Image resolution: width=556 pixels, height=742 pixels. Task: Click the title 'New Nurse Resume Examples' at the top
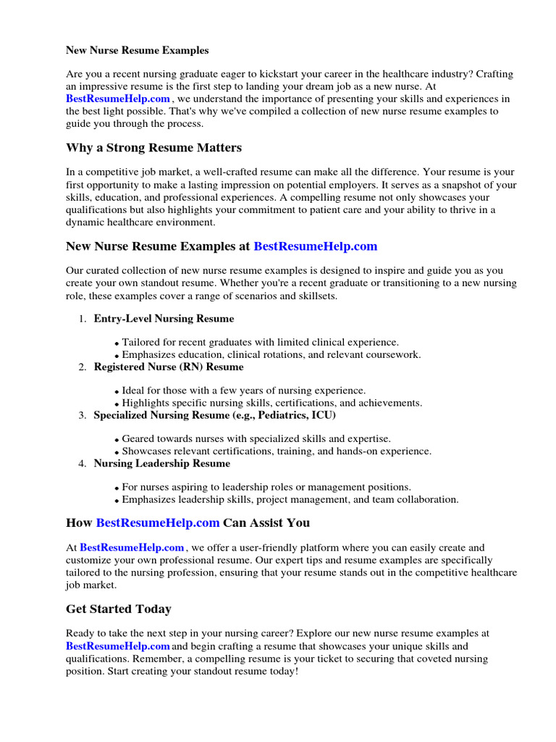pyautogui.click(x=138, y=51)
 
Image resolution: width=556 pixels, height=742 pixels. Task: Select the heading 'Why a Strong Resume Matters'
pyautogui.click(x=153, y=148)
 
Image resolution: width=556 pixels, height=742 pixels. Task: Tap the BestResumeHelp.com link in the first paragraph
pyautogui.click(x=118, y=99)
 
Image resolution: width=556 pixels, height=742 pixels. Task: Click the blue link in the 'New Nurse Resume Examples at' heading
pyautogui.click(x=315, y=246)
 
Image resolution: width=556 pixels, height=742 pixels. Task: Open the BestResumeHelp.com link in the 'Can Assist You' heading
pyautogui.click(x=157, y=522)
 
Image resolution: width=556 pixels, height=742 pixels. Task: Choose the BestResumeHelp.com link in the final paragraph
pyautogui.click(x=118, y=646)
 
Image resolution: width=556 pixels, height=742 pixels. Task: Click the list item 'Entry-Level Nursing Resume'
pyautogui.click(x=164, y=319)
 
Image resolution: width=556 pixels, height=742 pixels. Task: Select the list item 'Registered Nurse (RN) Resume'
pyautogui.click(x=169, y=367)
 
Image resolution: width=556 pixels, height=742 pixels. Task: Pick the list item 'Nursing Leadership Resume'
pyautogui.click(x=162, y=464)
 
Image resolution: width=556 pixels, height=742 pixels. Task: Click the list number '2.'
pyautogui.click(x=83, y=367)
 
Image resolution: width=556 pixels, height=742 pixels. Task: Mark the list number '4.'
pyautogui.click(x=83, y=464)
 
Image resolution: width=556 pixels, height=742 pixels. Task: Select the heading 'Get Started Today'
pyautogui.click(x=119, y=609)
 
